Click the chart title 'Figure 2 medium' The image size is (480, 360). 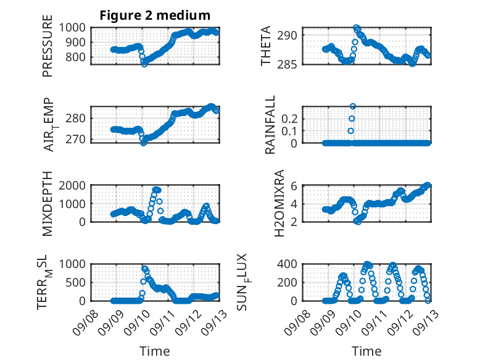(x=155, y=15)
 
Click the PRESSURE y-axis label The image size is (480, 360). (x=48, y=46)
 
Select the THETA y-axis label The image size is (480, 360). (x=266, y=46)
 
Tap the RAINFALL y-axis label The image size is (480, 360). (x=270, y=125)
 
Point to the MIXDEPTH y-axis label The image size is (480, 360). (x=48, y=203)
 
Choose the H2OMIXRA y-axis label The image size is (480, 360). (x=279, y=203)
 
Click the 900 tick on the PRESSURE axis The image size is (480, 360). (x=75, y=42)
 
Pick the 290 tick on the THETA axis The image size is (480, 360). (x=287, y=35)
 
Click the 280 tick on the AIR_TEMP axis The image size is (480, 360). (x=75, y=119)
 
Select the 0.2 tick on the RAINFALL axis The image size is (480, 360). (x=289, y=119)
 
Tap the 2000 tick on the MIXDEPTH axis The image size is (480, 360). (x=72, y=185)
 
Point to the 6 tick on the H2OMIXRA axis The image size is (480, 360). (x=294, y=186)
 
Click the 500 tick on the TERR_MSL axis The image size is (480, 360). (x=75, y=282)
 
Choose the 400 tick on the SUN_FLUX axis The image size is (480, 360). (x=287, y=264)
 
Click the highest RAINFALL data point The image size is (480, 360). (x=353, y=106)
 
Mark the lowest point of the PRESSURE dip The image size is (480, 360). (x=144, y=64)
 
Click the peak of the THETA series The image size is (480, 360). (x=355, y=28)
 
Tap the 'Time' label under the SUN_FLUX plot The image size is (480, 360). (x=366, y=351)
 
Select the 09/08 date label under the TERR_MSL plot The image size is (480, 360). (x=86, y=322)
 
